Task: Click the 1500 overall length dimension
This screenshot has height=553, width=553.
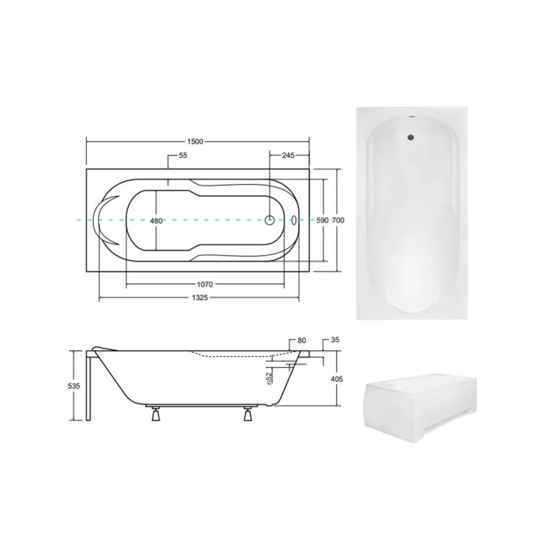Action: (195, 142)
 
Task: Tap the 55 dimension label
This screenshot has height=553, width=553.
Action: (182, 155)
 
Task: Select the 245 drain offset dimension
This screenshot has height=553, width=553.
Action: (288, 155)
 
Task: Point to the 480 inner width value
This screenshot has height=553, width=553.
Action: (156, 221)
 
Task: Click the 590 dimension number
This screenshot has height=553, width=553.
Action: (322, 221)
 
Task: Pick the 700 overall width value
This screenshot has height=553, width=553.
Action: (338, 221)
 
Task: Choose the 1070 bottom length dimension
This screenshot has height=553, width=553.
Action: (205, 284)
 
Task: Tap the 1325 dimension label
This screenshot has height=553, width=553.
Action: (200, 298)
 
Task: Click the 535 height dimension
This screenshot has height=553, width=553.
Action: (74, 386)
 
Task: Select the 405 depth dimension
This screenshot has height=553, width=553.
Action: (337, 379)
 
